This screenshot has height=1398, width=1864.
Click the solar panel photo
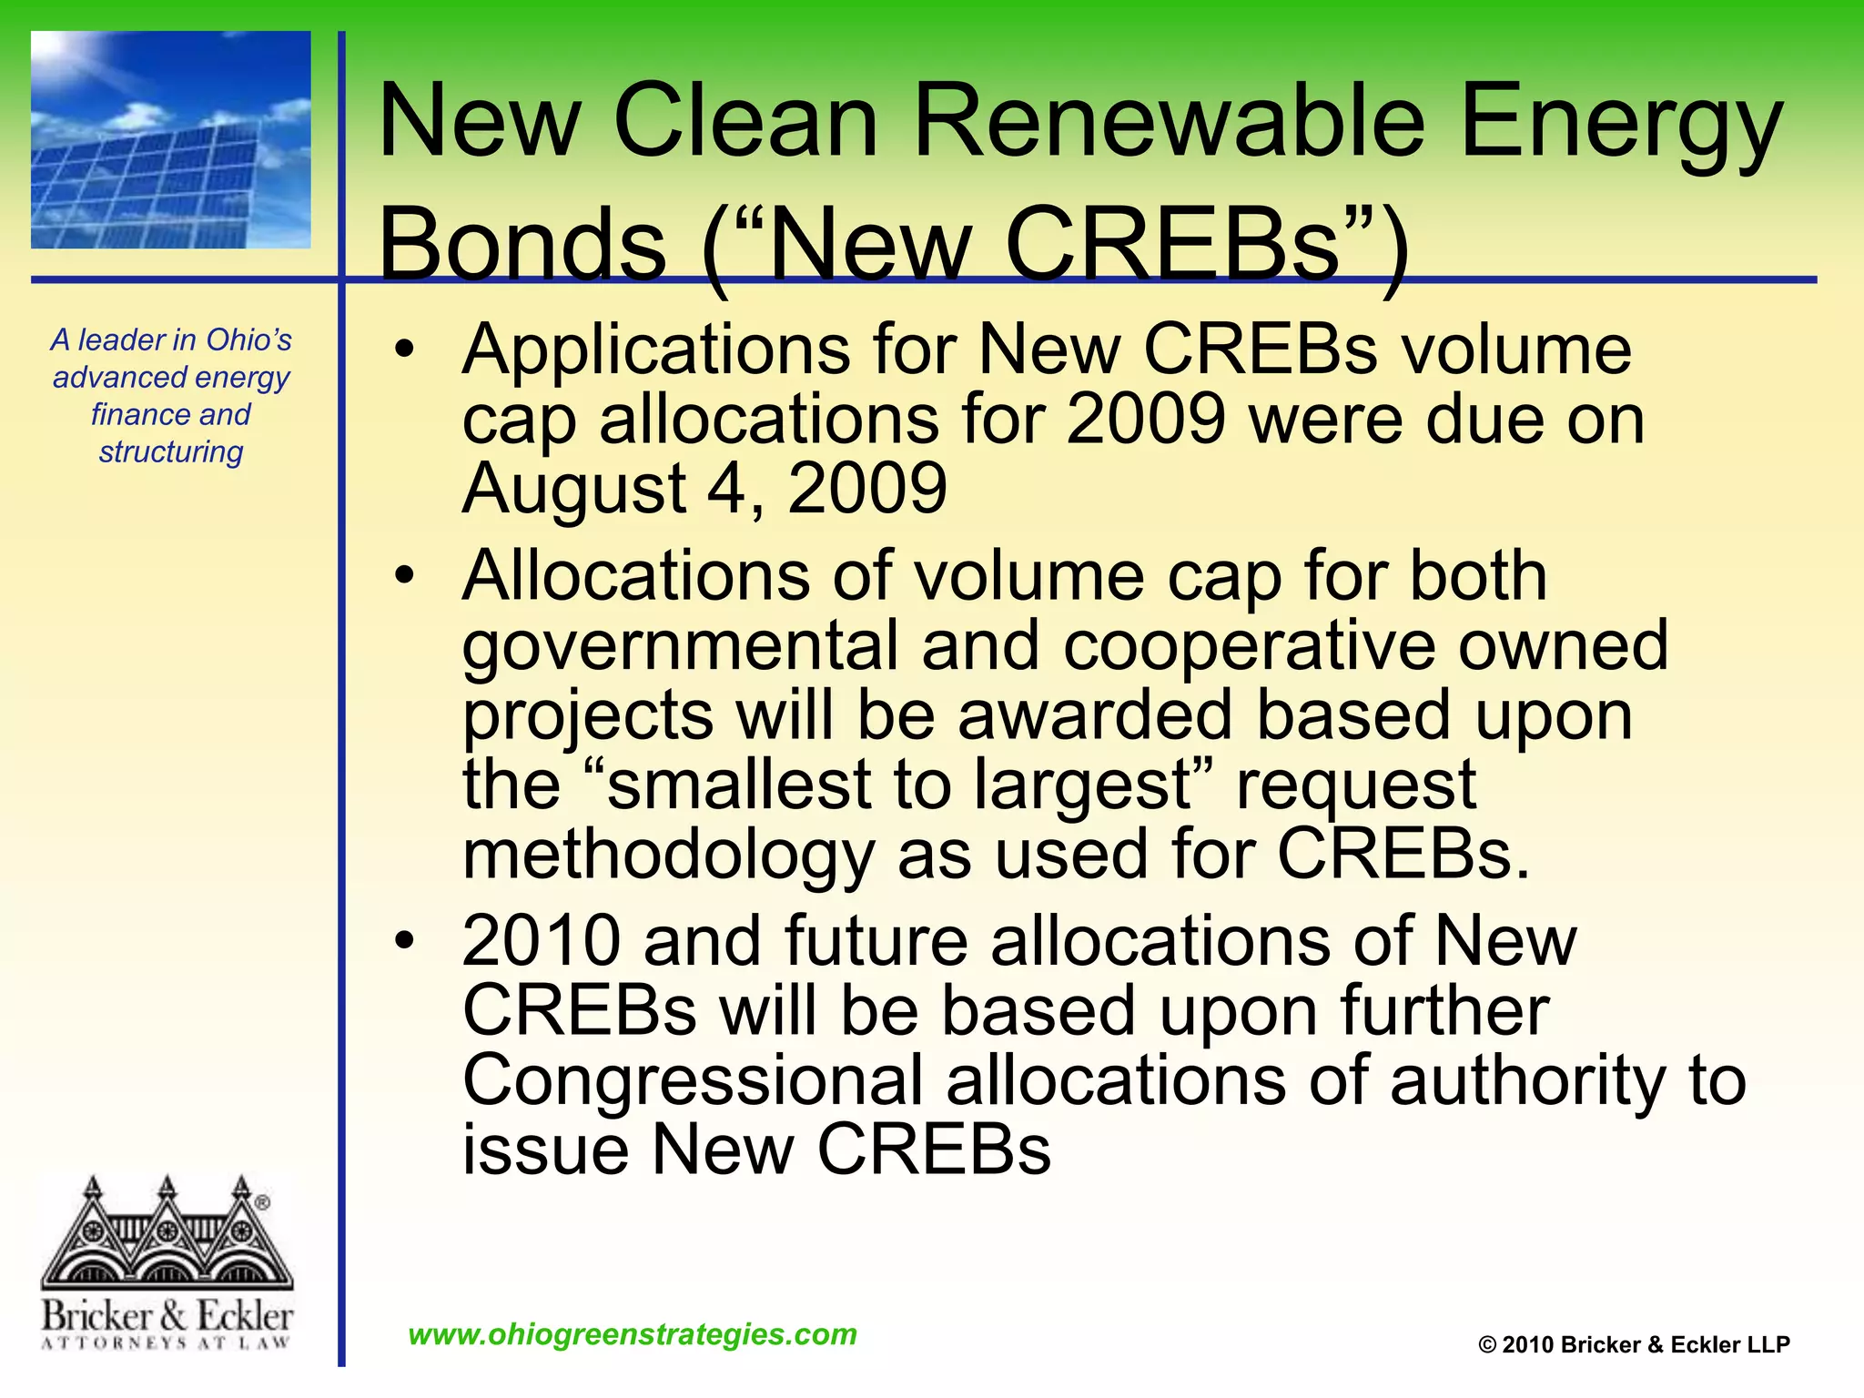(x=171, y=140)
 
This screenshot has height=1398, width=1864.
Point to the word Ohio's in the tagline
(x=248, y=339)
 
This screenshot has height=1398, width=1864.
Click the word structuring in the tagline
(x=171, y=452)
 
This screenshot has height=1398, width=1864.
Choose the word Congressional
(x=693, y=1080)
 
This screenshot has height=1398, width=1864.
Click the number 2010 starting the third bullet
(x=542, y=941)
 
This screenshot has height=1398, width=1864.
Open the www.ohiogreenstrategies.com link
(x=633, y=1334)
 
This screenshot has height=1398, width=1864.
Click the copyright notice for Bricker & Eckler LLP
(x=1634, y=1344)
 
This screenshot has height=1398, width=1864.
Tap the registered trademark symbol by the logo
(x=263, y=1203)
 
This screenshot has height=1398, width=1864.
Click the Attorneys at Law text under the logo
(x=167, y=1342)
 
